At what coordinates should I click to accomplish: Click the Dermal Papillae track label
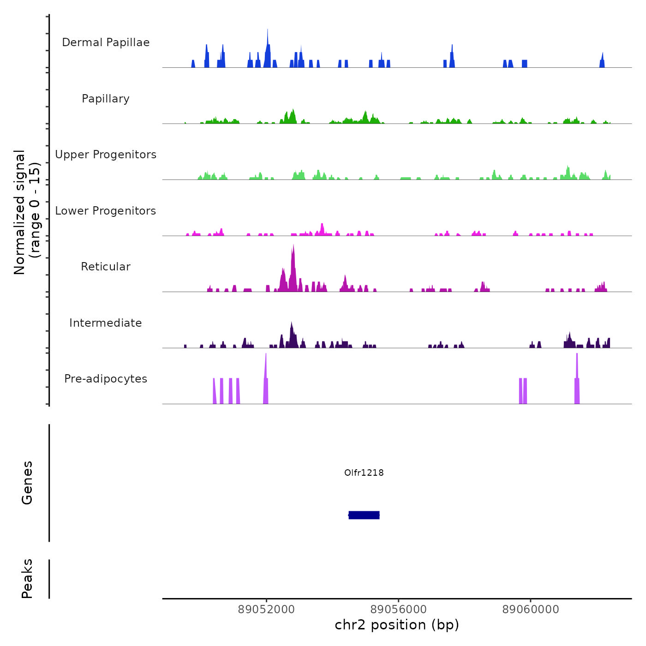(x=106, y=42)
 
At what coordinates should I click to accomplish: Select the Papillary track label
(x=106, y=99)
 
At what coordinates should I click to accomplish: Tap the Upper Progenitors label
(x=106, y=155)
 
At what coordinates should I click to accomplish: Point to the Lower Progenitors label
(x=106, y=211)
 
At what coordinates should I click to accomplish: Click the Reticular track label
(x=106, y=267)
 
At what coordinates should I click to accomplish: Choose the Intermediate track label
(x=106, y=323)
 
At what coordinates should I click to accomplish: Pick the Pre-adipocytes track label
(x=106, y=379)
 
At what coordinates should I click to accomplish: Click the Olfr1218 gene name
(x=364, y=473)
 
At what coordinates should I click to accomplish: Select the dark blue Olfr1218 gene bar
(x=364, y=515)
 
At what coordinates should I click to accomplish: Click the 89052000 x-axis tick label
(x=266, y=609)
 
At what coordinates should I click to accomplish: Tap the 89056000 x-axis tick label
(x=399, y=609)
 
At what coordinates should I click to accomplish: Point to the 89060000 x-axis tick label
(x=531, y=609)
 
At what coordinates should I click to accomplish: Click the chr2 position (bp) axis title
(x=397, y=625)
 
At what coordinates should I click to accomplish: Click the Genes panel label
(x=27, y=483)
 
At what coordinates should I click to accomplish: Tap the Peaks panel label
(x=27, y=579)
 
